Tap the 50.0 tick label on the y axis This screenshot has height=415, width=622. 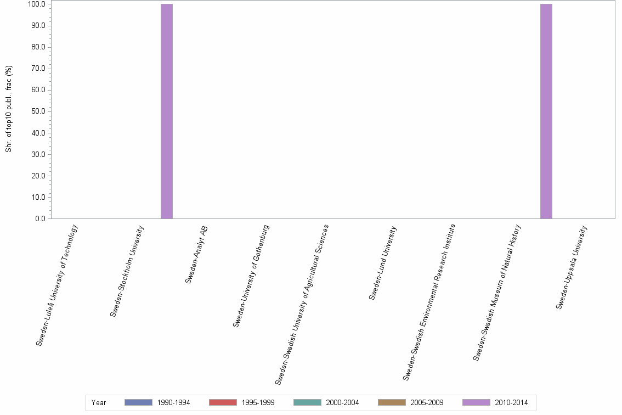click(x=39, y=111)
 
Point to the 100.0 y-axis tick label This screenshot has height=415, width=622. click(x=37, y=4)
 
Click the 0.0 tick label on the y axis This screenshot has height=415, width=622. click(x=41, y=219)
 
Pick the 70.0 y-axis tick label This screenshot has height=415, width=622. click(x=39, y=69)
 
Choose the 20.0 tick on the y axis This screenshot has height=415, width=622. click(x=39, y=176)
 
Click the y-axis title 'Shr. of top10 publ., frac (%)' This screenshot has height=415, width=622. click(x=9, y=109)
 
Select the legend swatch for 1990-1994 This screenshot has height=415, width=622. click(x=138, y=402)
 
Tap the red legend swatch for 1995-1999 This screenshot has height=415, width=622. click(x=223, y=402)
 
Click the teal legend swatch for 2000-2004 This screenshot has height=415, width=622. click(x=307, y=402)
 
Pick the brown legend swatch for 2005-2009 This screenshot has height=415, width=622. click(x=392, y=402)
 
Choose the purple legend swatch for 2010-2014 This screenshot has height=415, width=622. click(x=476, y=402)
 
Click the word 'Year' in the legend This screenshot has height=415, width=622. click(x=99, y=403)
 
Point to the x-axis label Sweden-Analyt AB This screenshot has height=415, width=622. click(x=196, y=254)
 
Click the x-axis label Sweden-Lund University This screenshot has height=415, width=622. click(x=383, y=262)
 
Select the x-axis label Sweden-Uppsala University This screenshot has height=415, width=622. click(x=572, y=267)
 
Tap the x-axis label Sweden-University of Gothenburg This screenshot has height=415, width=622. click(x=251, y=276)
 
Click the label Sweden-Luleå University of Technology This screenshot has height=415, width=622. click(x=57, y=285)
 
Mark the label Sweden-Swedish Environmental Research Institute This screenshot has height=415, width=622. click(x=429, y=301)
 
